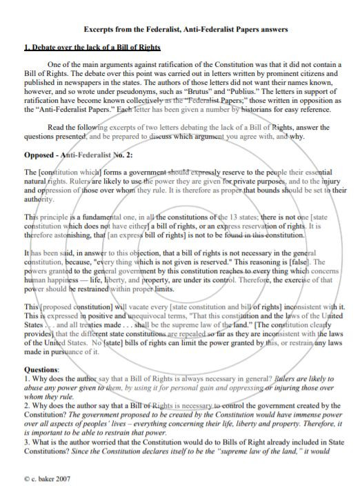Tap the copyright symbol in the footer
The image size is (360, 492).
pos(26,477)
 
